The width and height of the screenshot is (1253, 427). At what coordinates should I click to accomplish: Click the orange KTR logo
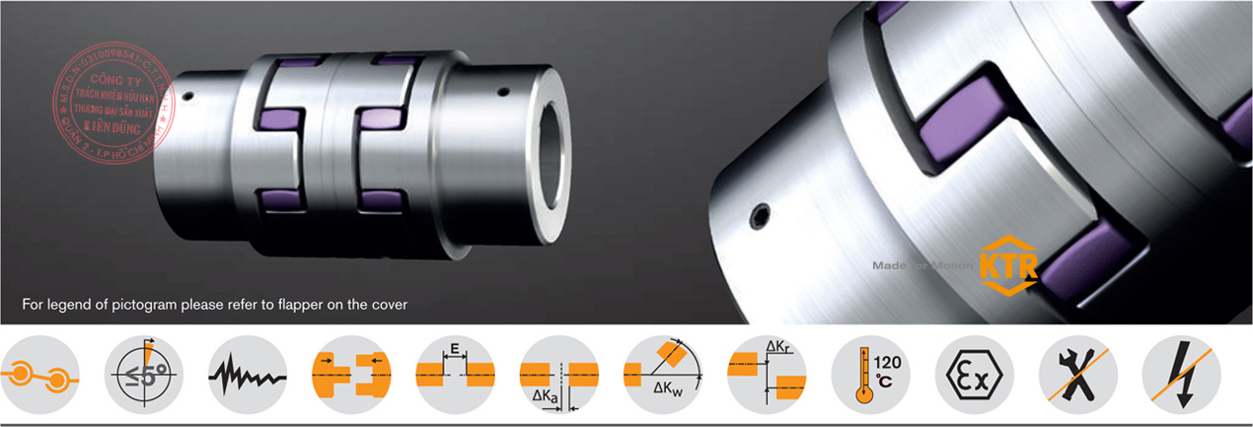click(x=1006, y=265)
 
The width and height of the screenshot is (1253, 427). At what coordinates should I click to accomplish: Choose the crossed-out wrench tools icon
click(x=1078, y=376)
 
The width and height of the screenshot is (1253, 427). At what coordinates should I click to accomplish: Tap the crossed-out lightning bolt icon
click(x=1181, y=376)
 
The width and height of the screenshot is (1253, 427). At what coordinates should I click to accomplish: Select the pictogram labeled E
click(x=455, y=376)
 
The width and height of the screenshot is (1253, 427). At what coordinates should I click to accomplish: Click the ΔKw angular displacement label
click(x=669, y=390)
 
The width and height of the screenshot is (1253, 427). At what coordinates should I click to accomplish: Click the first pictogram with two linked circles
click(x=39, y=376)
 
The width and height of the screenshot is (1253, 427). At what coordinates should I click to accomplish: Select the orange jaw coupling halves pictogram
click(x=351, y=376)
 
